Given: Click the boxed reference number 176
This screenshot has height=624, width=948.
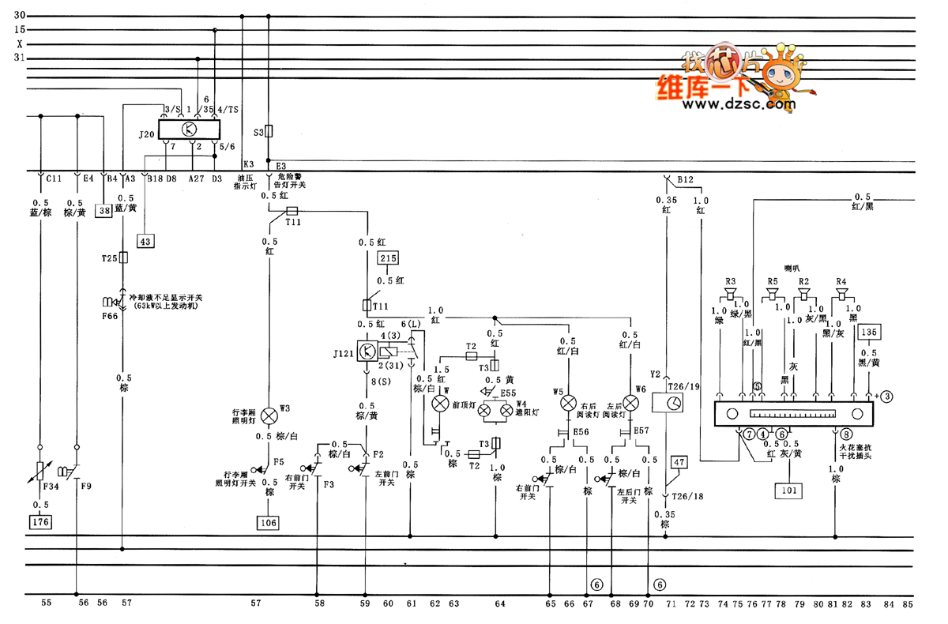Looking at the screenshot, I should [x=39, y=521].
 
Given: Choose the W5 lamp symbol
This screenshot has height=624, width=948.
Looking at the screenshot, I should [x=568, y=403].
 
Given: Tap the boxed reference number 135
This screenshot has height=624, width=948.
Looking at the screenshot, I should [x=869, y=333].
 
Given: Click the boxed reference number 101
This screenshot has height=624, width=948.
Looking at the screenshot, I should [x=790, y=491].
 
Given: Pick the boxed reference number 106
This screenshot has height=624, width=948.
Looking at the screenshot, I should [x=269, y=521].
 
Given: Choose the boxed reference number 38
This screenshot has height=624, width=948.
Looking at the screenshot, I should [x=103, y=210].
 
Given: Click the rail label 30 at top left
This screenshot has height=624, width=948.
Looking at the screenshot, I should [x=20, y=15].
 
